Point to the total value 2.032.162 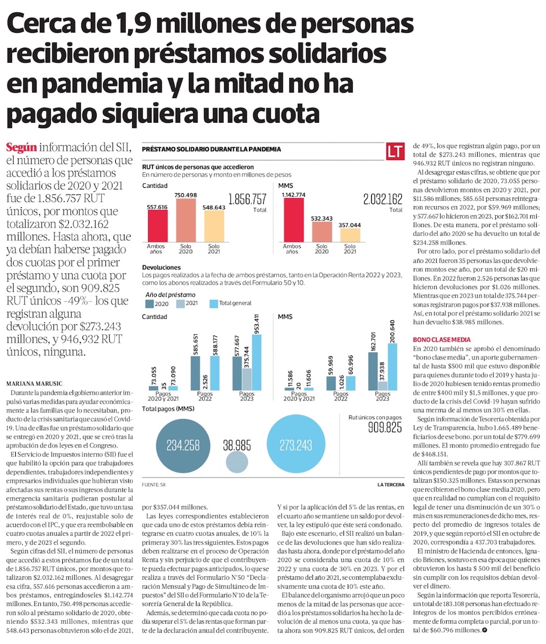pyautogui.click(x=382, y=199)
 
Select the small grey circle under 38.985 pyautogui.click(x=236, y=462)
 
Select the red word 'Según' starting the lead pyautogui.click(x=20, y=147)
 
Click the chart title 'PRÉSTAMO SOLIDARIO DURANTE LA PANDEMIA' pyautogui.click(x=211, y=149)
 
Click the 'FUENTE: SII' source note pyautogui.click(x=154, y=485)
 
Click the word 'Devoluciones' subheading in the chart pyautogui.click(x=161, y=268)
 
